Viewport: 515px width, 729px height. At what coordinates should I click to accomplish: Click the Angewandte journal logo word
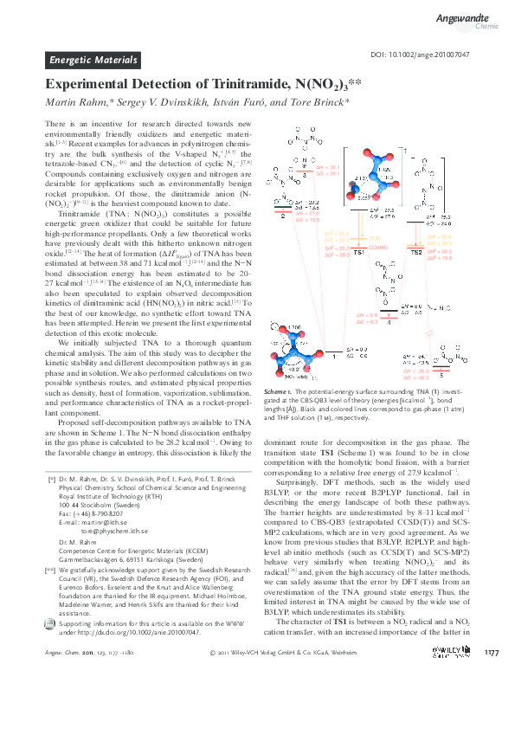click(467, 14)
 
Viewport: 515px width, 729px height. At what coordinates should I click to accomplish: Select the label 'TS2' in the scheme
click(415, 251)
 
